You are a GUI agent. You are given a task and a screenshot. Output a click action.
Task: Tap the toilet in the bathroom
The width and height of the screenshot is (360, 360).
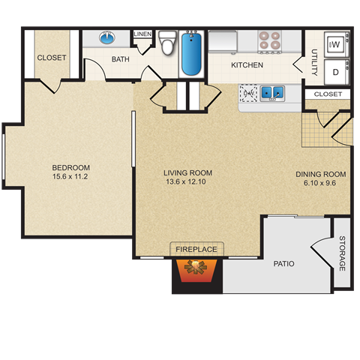click(x=168, y=44)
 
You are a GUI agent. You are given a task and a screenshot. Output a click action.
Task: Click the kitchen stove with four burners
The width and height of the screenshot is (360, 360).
click(x=269, y=41)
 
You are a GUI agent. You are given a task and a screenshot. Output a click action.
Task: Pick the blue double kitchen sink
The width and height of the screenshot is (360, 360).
click(x=272, y=93)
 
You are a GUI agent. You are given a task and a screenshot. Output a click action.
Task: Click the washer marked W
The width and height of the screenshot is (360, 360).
click(x=336, y=45)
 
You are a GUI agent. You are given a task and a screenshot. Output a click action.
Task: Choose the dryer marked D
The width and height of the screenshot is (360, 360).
click(x=336, y=72)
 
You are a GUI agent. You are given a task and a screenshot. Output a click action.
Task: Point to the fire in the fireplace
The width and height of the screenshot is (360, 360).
click(x=197, y=268)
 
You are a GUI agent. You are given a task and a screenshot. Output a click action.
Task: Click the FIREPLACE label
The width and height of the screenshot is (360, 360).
click(x=196, y=249)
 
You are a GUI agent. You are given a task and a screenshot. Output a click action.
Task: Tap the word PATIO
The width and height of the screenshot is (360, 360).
click(x=283, y=264)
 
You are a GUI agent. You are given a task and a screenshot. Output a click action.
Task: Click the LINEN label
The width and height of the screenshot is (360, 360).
click(x=142, y=34)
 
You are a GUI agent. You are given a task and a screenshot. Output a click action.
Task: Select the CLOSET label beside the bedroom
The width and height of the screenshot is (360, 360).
click(x=52, y=58)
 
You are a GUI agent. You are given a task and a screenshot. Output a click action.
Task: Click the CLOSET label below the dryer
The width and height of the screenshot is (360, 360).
click(x=328, y=94)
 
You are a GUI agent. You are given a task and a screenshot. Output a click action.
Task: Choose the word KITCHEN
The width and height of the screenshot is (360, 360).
click(x=247, y=65)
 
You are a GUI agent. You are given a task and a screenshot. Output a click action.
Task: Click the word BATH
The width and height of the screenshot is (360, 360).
click(x=120, y=59)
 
